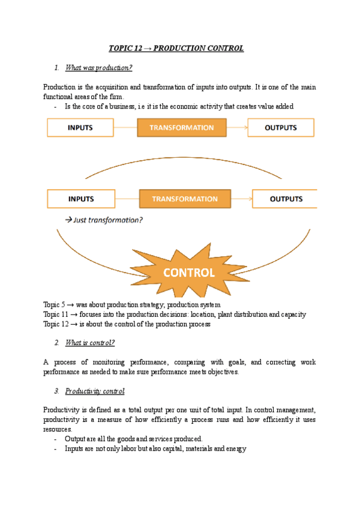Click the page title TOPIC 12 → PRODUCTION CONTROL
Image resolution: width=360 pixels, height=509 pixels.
pos(176,48)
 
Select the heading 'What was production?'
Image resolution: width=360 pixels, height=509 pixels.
pos(98,67)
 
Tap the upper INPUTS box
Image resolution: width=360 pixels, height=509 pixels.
pos(80,128)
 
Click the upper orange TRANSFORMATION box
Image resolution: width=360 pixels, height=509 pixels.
pos(181,128)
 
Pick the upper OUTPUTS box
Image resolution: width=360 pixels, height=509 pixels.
pos(281,128)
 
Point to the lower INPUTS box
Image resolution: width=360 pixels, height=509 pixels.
pos(80,199)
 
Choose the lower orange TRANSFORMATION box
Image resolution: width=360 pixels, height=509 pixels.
pos(185,199)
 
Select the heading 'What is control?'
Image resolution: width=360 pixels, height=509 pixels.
pos(89,343)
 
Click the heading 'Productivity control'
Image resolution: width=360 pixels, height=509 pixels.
pos(95,391)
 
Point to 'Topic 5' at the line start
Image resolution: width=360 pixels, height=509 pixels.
pos(54,305)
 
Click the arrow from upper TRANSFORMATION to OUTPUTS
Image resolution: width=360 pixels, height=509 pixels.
pos(237,128)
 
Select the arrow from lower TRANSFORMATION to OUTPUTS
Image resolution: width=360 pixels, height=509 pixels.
pos(241,199)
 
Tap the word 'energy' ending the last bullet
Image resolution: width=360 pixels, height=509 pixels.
pos(236,448)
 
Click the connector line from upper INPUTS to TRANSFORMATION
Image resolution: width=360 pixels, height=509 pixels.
pos(125,128)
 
